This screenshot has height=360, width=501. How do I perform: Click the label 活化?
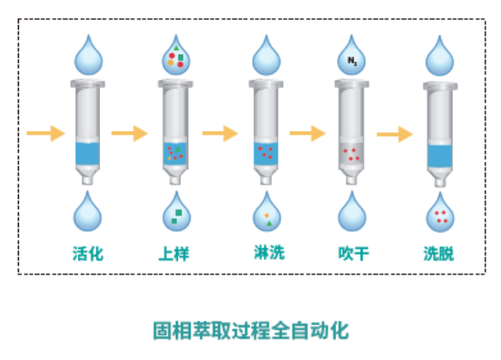coord(88,253)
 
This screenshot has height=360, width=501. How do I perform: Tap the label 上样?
coord(175,253)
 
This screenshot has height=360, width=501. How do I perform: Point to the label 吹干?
coord(353,253)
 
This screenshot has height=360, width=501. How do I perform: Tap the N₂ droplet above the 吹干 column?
coord(352,56)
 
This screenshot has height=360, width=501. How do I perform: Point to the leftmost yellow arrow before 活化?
coord(45,133)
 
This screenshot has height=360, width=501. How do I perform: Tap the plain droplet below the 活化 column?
coord(88,214)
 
